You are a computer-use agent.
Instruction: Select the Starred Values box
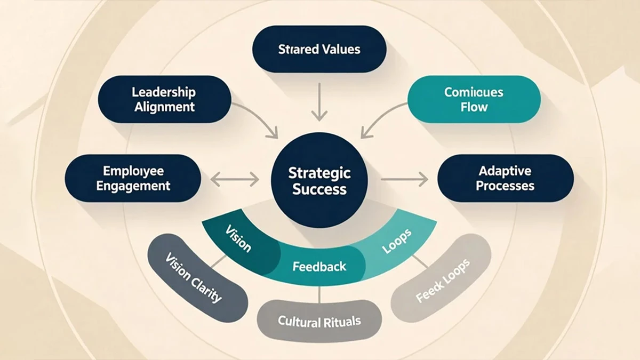click(x=319, y=50)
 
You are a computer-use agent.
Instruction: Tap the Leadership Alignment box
click(x=164, y=100)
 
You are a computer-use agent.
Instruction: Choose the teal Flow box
click(x=474, y=100)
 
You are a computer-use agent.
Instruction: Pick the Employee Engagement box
click(x=132, y=179)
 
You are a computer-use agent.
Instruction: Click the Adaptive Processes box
click(x=505, y=179)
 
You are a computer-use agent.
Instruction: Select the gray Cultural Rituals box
click(x=319, y=322)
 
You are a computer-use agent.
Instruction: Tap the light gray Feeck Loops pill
click(x=442, y=279)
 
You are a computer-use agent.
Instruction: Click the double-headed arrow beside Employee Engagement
click(x=235, y=180)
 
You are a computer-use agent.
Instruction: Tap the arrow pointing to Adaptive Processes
click(x=405, y=180)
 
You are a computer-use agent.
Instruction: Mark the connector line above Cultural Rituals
click(x=319, y=293)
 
